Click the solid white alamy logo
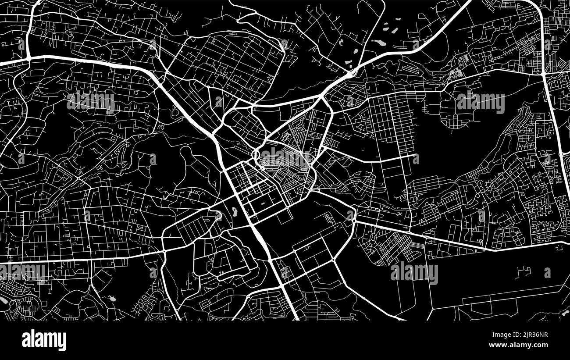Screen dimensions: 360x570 (x=44, y=340)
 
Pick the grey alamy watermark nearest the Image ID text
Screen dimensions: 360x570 (x=414, y=273)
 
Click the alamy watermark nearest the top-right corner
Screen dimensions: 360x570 (x=481, y=103)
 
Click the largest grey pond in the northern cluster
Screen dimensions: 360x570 (x=378, y=43)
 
